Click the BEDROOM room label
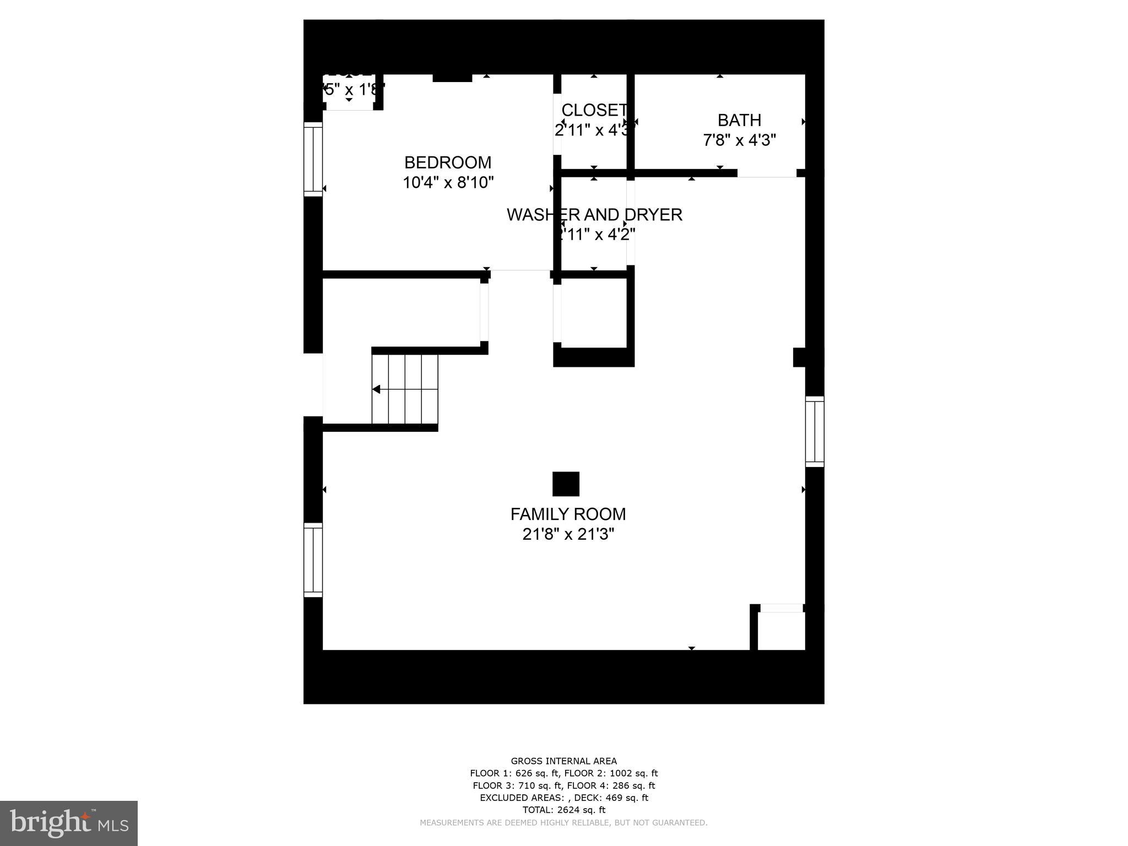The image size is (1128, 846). point(447,162)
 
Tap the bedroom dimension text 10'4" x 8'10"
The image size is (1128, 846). point(448,182)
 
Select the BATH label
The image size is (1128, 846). point(739,120)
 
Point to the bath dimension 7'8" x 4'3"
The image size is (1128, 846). point(739,140)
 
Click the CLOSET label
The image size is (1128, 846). point(594,110)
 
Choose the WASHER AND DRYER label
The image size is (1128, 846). point(594,215)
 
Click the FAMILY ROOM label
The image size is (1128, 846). point(568,514)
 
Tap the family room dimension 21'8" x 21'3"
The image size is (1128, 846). point(568,534)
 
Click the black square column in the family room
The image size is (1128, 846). point(566,484)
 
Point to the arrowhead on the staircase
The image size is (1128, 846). point(377,389)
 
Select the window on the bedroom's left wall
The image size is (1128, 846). point(313,159)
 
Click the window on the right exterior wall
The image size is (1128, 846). point(815,431)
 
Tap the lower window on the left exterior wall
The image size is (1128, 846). point(313,560)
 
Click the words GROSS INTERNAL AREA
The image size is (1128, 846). point(563,761)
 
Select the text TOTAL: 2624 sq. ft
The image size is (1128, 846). point(563,810)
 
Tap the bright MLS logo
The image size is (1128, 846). point(69,823)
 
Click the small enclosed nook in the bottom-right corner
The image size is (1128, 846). point(781,631)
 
